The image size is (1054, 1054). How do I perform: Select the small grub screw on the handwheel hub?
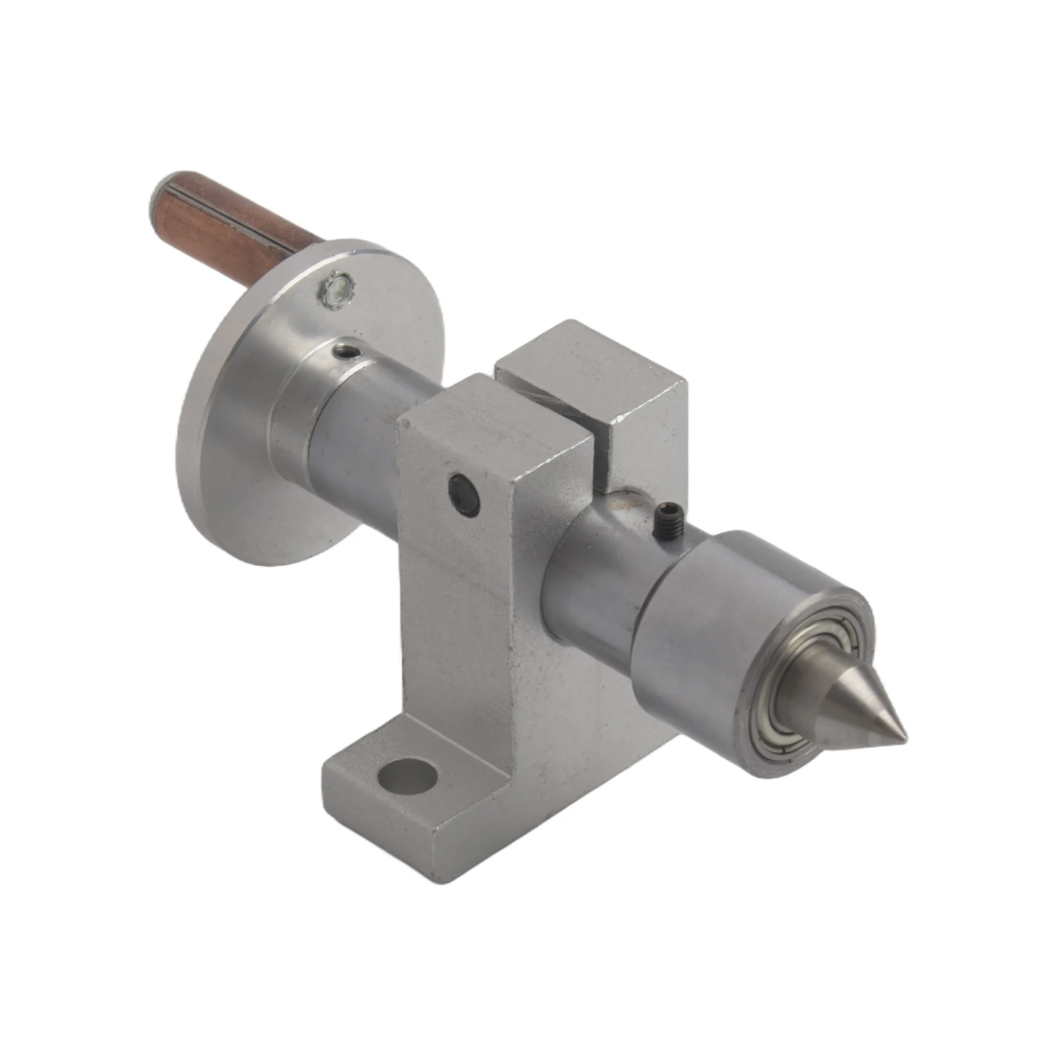[x=347, y=353]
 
